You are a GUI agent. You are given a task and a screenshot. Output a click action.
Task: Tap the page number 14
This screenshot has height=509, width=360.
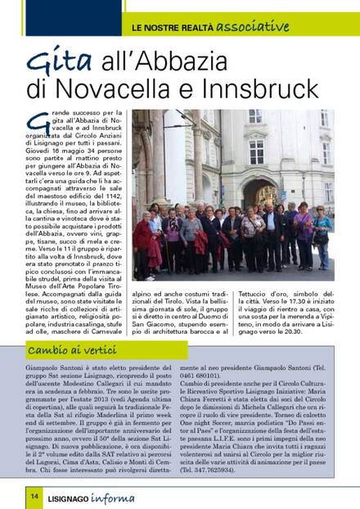point(35,495)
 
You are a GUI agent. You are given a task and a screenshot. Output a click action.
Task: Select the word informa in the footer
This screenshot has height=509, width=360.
point(130,495)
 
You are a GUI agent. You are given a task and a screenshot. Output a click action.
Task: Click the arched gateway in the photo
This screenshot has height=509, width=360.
point(261,196)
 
